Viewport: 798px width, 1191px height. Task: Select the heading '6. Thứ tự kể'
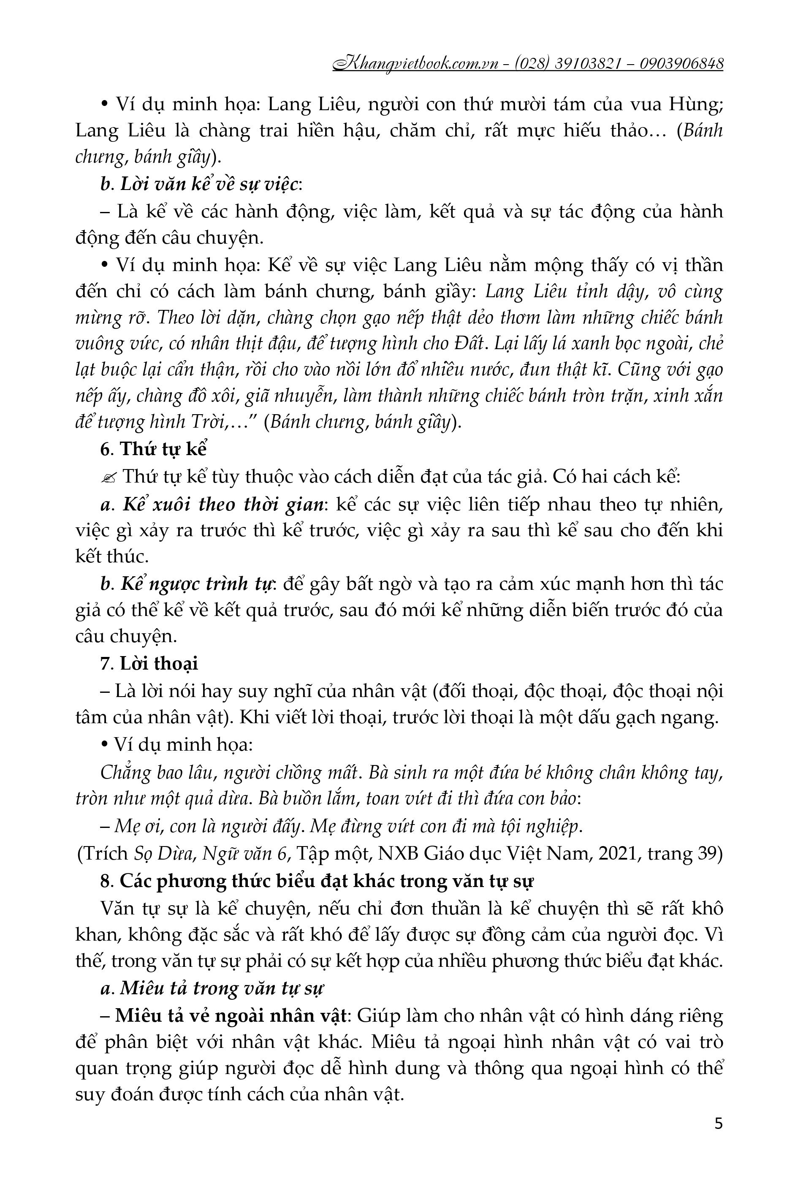(x=154, y=450)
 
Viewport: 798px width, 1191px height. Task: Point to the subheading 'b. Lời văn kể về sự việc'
(x=201, y=184)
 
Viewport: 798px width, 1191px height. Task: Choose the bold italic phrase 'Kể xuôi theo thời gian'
(x=223, y=504)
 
